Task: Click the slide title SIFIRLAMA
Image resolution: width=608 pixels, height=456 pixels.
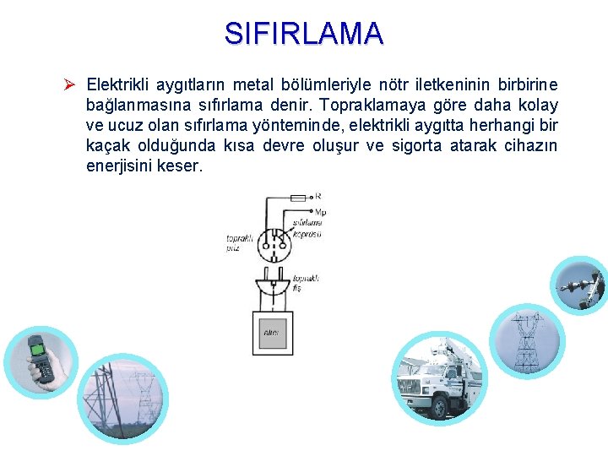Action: click(x=304, y=34)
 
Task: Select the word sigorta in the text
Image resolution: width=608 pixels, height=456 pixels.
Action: click(x=429, y=145)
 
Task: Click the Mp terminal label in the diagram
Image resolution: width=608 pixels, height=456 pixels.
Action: click(x=320, y=212)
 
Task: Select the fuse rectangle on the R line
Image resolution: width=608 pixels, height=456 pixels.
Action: click(x=297, y=197)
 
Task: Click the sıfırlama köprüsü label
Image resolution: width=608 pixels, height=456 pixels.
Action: click(x=308, y=228)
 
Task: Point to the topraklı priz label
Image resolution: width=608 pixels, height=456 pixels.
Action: click(x=238, y=244)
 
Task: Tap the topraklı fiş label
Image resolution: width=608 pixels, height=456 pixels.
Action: click(x=304, y=283)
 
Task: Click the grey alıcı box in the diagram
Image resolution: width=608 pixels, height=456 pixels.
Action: click(x=272, y=333)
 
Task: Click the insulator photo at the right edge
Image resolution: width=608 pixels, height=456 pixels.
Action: click(x=579, y=286)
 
